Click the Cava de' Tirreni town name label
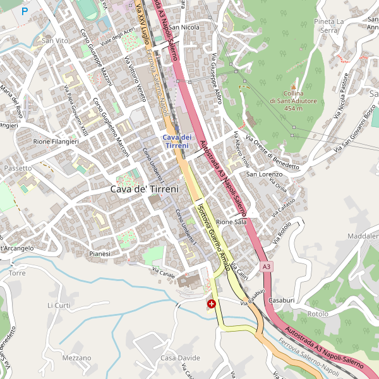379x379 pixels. tap(144, 189)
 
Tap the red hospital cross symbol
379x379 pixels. tap(211, 304)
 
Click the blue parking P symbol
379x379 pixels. tap(25, 11)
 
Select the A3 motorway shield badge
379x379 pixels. tap(267, 267)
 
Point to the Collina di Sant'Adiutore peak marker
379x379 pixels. tap(293, 87)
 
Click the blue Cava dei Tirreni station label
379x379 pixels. tap(177, 141)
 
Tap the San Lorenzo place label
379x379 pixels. tap(263, 174)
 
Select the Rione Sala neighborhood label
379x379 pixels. tap(231, 222)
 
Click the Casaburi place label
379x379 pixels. tap(282, 299)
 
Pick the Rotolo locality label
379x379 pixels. tap(318, 313)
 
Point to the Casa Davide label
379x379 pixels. tap(180, 358)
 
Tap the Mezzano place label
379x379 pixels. tap(77, 358)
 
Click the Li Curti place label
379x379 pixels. tap(59, 305)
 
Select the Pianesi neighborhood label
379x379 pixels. tap(100, 253)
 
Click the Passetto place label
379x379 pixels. tap(17, 169)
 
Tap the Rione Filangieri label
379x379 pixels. tap(56, 142)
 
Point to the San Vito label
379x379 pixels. tap(54, 40)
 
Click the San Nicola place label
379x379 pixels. tap(184, 28)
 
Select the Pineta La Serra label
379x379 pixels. tap(328, 26)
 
